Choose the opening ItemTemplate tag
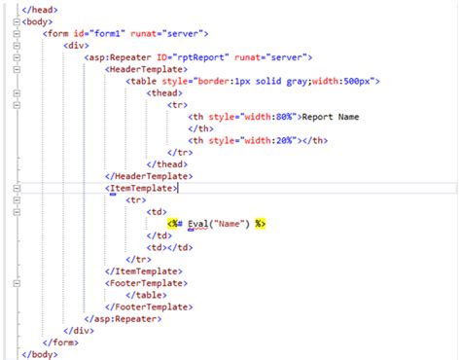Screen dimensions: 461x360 (x=142, y=188)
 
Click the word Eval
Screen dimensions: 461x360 (x=202, y=223)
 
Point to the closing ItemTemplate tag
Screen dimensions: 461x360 (x=144, y=270)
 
